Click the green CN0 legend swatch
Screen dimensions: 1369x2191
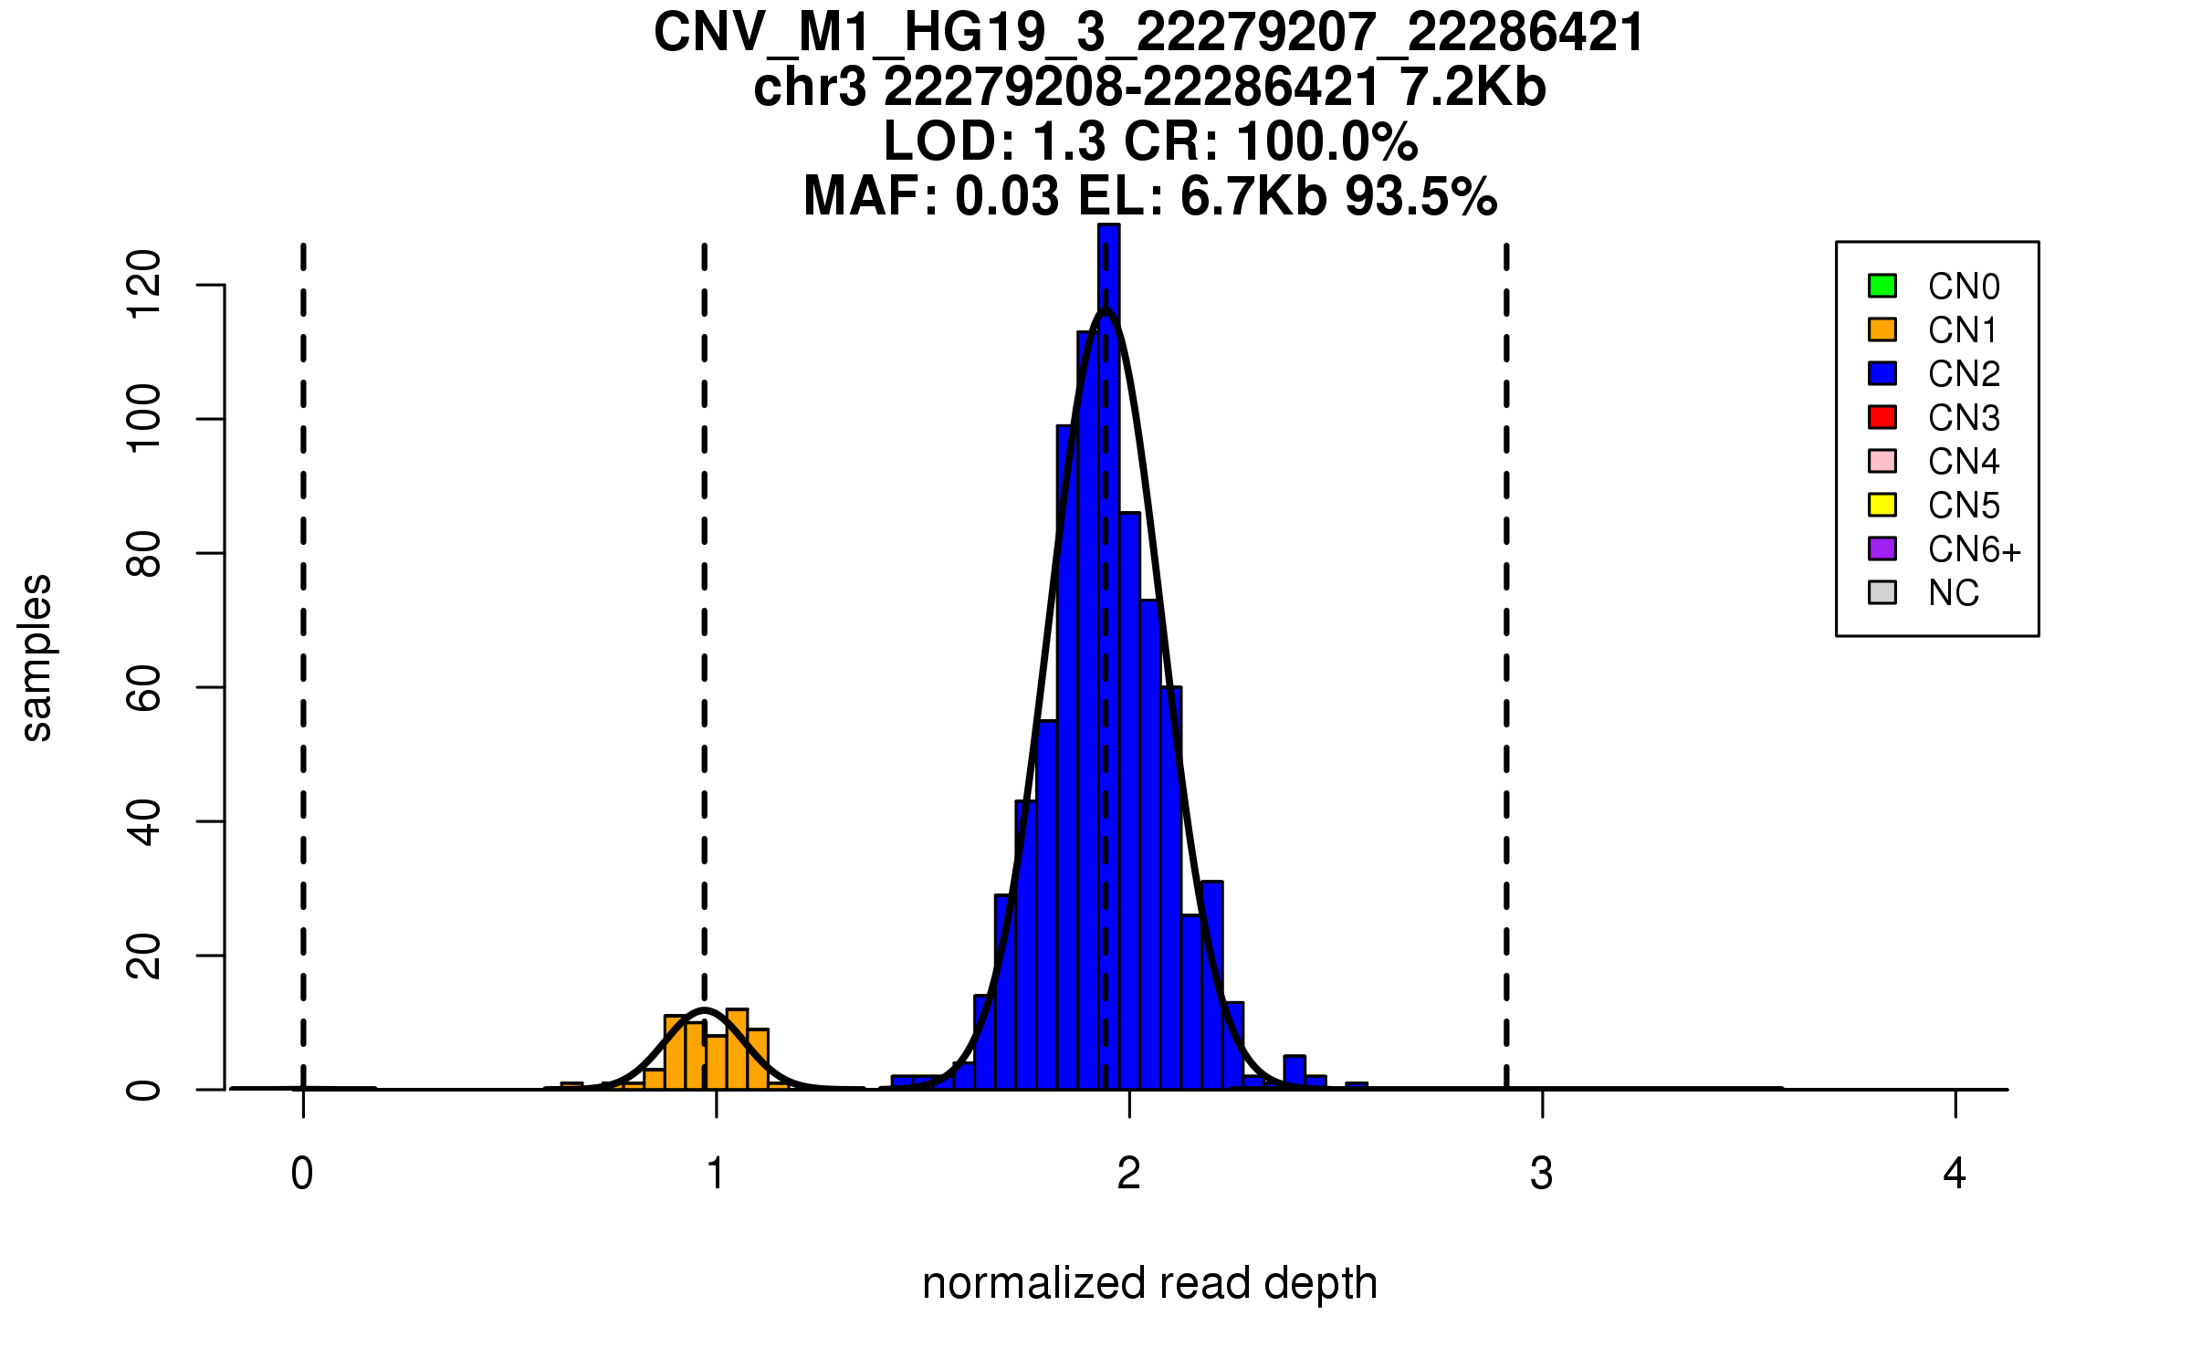(x=1882, y=286)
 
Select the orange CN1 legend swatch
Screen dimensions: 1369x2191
(x=1882, y=329)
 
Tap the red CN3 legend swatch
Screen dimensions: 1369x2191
(x=1882, y=417)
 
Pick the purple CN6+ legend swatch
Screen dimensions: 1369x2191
(x=1882, y=549)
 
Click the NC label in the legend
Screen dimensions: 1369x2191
(x=1953, y=593)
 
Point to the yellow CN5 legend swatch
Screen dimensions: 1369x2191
(x=1882, y=505)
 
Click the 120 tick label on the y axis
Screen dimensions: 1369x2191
(x=143, y=285)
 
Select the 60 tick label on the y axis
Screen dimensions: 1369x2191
(x=143, y=687)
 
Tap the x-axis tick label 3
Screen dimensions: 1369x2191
(x=1542, y=1174)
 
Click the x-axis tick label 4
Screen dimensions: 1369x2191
(x=1955, y=1174)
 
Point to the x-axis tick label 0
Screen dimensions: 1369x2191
(x=302, y=1174)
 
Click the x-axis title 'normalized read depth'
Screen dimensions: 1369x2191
(x=1149, y=1283)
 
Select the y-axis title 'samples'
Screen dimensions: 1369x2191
(x=37, y=658)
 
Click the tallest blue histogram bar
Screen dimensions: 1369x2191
(x=1109, y=657)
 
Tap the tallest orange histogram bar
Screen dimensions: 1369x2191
(x=737, y=1050)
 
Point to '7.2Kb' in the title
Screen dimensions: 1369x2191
(x=1473, y=88)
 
